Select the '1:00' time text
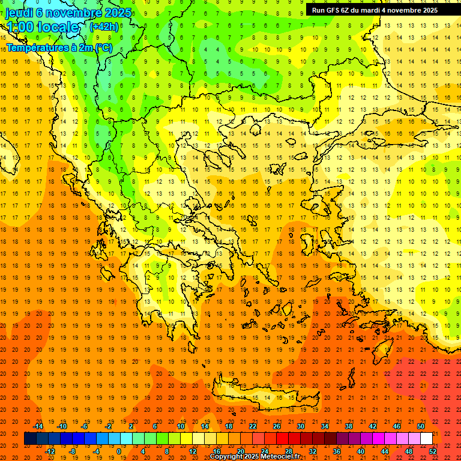tap(19, 27)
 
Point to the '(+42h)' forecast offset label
tap(104, 26)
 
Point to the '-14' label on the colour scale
tap(38, 426)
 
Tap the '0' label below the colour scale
tap(118, 451)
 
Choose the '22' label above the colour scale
tap(253, 426)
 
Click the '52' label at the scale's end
tap(433, 451)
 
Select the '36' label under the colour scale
tap(336, 451)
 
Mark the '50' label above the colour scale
tap(421, 426)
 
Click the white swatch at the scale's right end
tap(426, 438)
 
